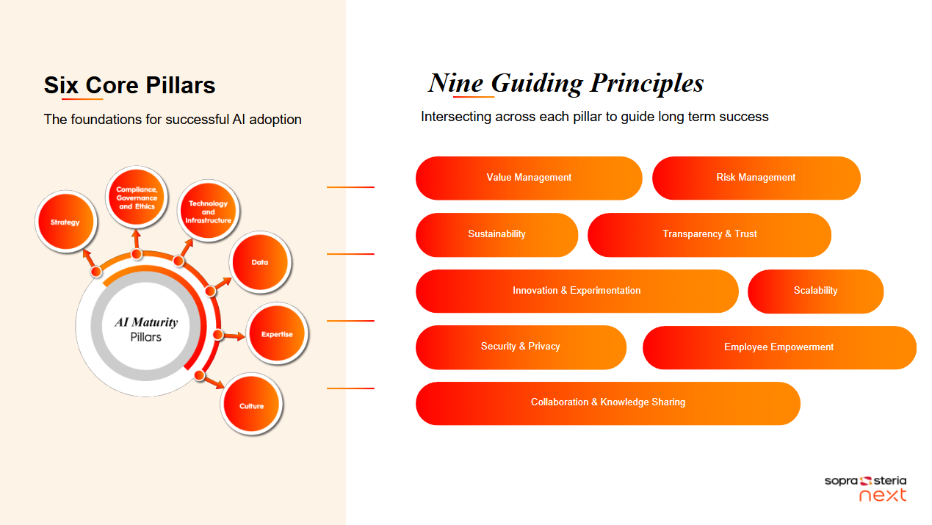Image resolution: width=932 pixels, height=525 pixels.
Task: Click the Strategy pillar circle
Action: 66,222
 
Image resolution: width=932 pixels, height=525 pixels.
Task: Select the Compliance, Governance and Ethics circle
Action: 137,198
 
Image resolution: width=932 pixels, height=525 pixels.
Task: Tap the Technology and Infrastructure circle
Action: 208,211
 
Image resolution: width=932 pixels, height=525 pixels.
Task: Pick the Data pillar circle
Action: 260,262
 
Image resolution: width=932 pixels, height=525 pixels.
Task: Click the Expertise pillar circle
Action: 277,333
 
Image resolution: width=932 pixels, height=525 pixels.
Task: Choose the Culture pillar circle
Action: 251,405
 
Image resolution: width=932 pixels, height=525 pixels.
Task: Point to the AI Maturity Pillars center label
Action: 146,329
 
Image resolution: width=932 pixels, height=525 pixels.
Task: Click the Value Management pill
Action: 529,178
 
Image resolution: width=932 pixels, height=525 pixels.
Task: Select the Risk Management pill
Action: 756,178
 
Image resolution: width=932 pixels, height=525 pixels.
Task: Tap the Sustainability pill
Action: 496,235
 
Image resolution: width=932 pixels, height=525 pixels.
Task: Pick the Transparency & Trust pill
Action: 709,235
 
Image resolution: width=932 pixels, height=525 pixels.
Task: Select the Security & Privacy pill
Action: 521,347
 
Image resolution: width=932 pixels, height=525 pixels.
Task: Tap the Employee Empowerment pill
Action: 779,347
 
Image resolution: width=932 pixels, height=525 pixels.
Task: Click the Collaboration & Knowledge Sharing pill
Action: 608,403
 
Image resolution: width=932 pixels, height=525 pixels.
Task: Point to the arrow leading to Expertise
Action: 231,336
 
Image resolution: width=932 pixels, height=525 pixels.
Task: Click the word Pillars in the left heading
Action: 181,85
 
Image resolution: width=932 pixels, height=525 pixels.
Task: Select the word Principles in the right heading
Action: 647,83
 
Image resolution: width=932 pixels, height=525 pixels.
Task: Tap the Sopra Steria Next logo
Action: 865,488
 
